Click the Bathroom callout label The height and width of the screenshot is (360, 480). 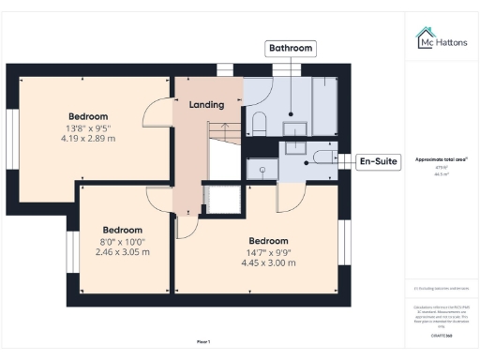(291, 48)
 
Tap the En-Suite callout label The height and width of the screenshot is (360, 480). (378, 161)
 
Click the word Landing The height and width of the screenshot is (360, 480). (207, 104)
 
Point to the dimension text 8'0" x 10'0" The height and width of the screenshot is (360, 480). (123, 242)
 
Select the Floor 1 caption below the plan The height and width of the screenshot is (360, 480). (203, 340)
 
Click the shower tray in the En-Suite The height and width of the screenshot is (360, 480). (261, 169)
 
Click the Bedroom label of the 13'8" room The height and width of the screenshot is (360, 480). (88, 116)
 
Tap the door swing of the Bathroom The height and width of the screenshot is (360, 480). (255, 91)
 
